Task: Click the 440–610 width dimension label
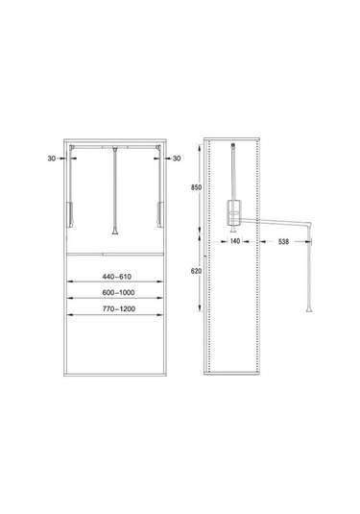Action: (x=116, y=277)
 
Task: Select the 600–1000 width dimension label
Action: (x=118, y=293)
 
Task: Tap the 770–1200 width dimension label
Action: (x=119, y=308)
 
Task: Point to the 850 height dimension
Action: (x=196, y=187)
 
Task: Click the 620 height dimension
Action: (x=196, y=271)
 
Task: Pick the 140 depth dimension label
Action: (x=235, y=241)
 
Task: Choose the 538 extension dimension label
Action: (x=283, y=241)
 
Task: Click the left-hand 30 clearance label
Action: (x=52, y=159)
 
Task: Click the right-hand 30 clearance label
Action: (x=177, y=159)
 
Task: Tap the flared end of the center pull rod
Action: (x=115, y=232)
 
